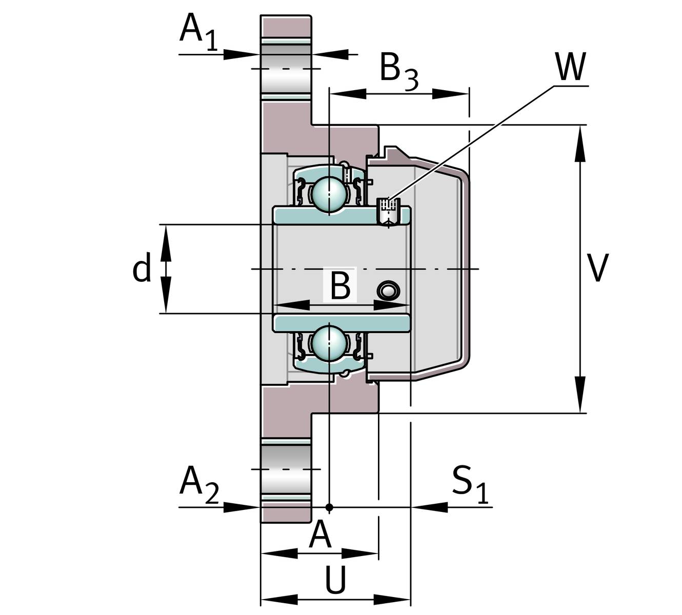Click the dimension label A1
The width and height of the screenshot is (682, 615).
[x=198, y=32]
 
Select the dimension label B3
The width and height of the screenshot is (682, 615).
[x=398, y=71]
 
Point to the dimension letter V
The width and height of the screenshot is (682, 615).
[x=598, y=268]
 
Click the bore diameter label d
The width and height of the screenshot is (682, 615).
[x=142, y=268]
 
